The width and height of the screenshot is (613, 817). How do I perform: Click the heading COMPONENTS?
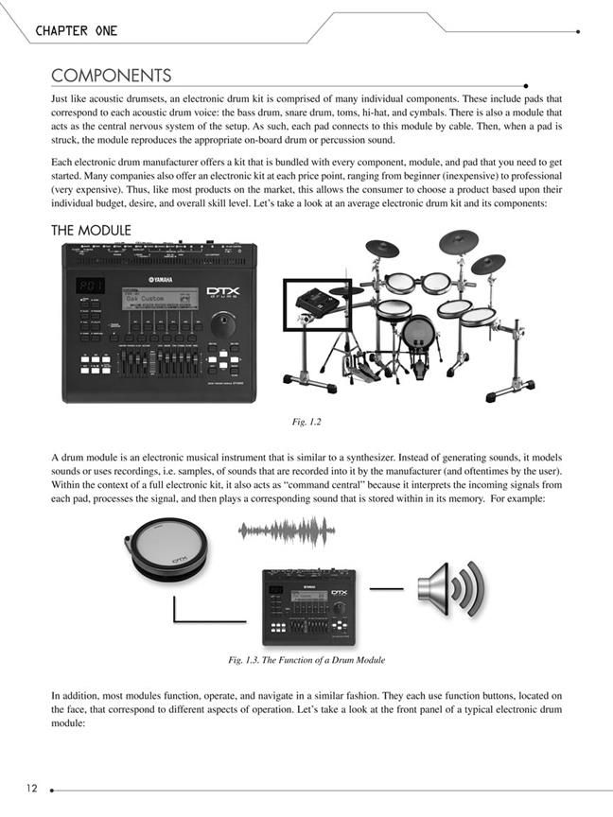pos(111,75)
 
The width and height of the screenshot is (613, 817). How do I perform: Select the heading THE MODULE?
pos(91,231)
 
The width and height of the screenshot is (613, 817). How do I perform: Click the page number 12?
pos(32,788)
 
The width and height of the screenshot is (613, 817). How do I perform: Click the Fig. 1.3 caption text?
pos(306,659)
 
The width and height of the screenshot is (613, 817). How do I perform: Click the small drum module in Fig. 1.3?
pos(307,608)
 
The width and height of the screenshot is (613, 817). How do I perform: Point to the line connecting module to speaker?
pos(386,589)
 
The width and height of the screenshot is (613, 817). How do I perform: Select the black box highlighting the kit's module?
pos(317,303)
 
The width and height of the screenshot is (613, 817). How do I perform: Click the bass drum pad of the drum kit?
pos(419,333)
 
